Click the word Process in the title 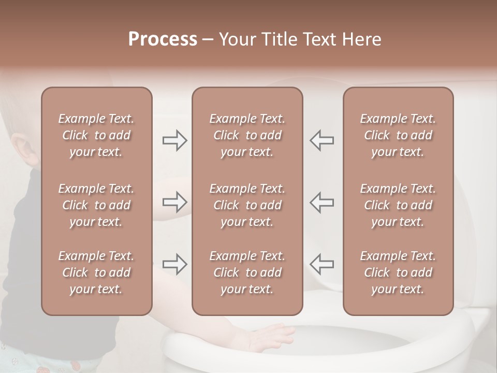[163, 39]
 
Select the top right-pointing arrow [175, 140]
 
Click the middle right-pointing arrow [175, 202]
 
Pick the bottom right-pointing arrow [175, 264]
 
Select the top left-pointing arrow [321, 140]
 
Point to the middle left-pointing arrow [321, 202]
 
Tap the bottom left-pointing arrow [321, 264]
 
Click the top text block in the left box [96, 135]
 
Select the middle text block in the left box [96, 205]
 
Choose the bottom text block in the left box [96, 272]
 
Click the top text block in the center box [247, 135]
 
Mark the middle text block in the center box [247, 205]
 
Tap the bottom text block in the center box [247, 272]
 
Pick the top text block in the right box [398, 135]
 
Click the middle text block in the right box [398, 205]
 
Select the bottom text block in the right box [398, 272]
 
